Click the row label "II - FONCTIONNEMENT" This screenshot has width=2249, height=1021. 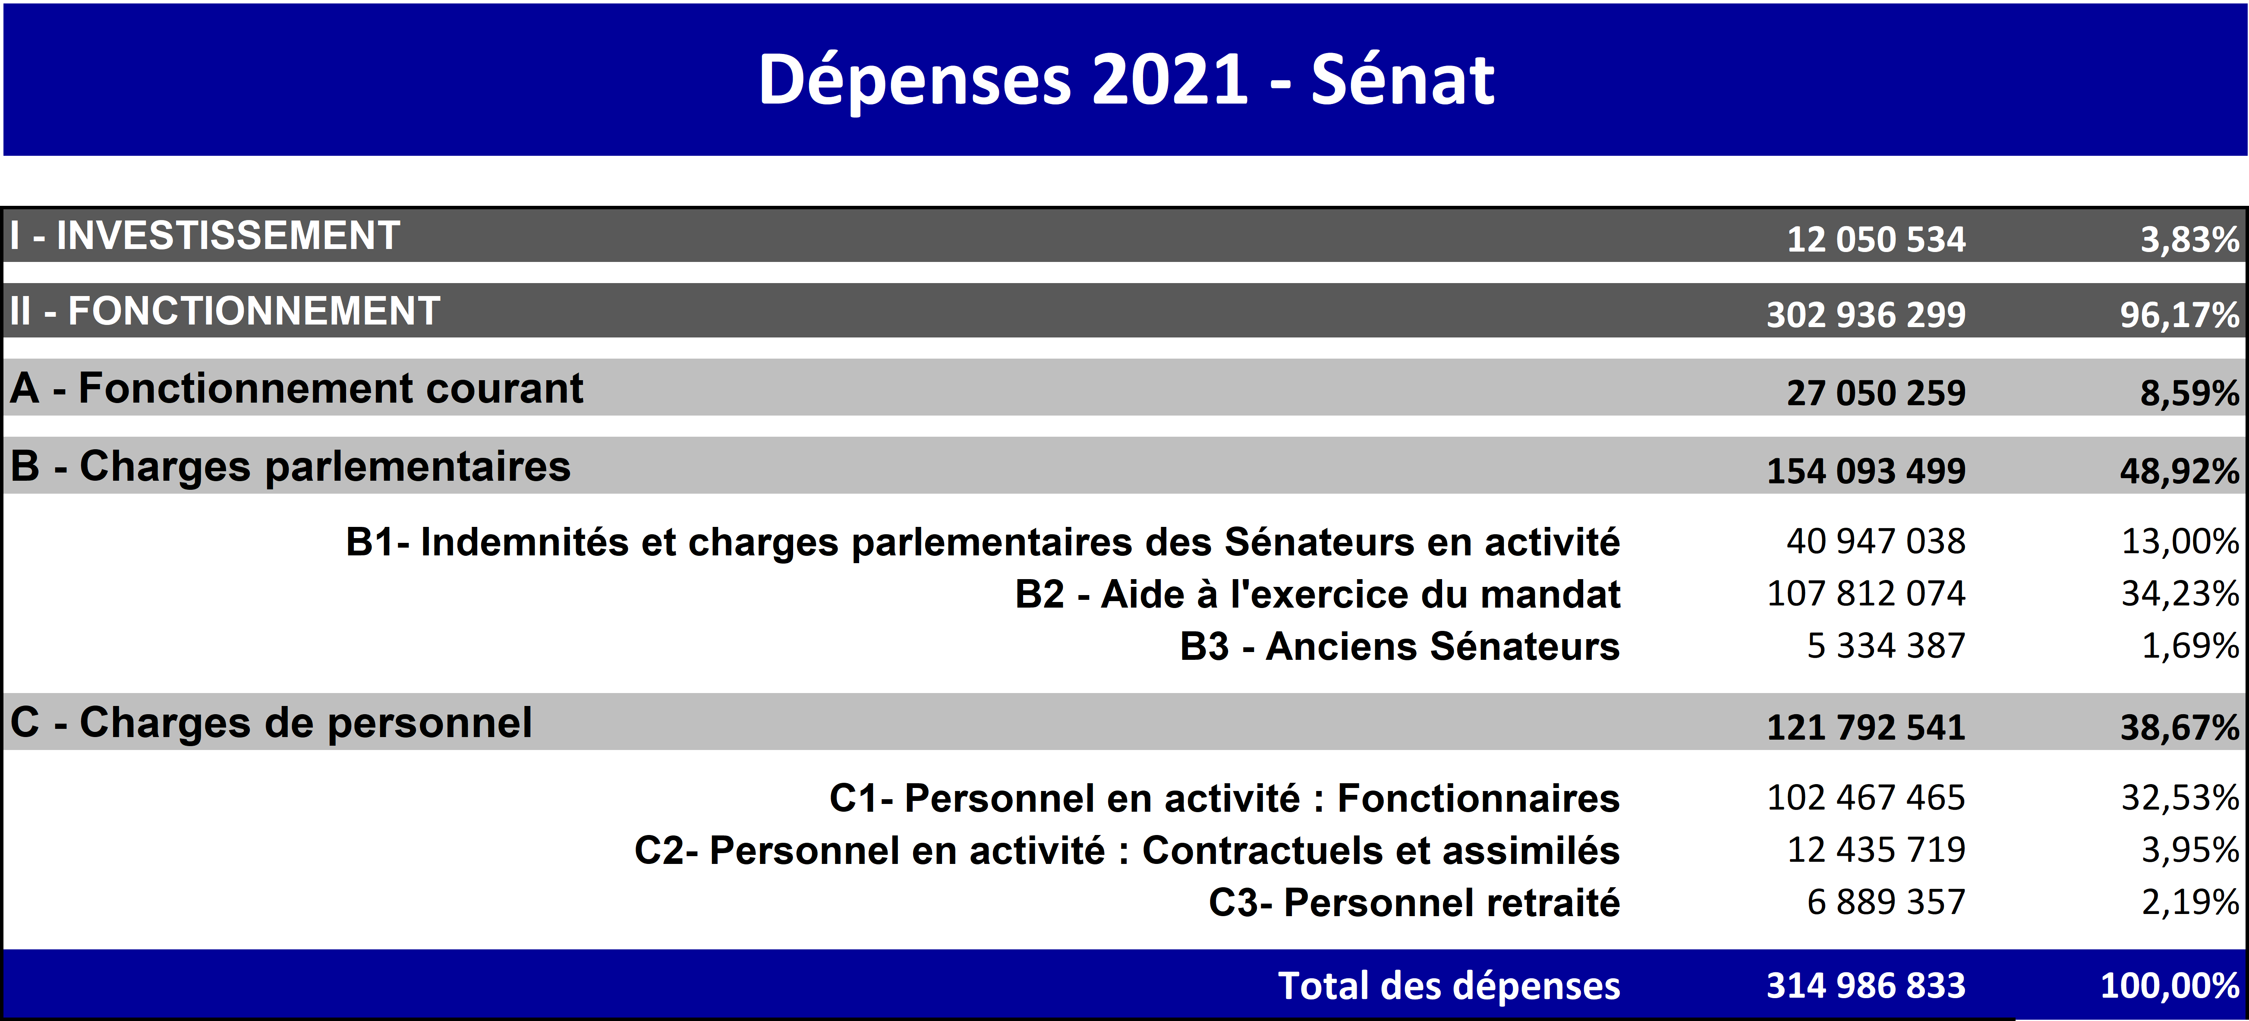[224, 311]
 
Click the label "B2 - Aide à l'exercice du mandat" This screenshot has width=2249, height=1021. [1317, 594]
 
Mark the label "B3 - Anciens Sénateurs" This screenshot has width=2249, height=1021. [1399, 646]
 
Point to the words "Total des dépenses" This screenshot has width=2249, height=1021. [1449, 986]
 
